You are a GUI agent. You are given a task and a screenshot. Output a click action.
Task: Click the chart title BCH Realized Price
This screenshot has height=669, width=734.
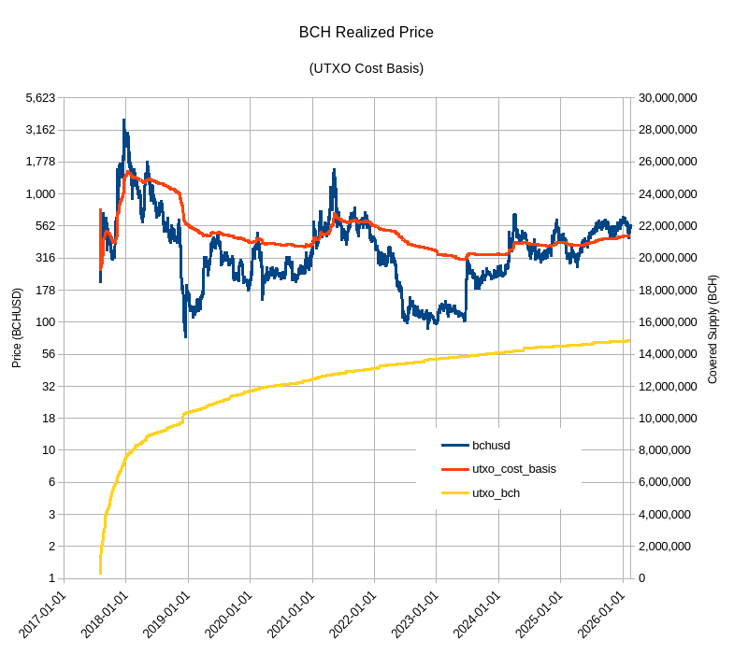point(366,33)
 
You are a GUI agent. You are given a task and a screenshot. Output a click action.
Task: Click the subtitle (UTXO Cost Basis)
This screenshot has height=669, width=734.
point(366,68)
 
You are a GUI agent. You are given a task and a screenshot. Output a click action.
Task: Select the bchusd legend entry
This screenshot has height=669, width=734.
point(491,446)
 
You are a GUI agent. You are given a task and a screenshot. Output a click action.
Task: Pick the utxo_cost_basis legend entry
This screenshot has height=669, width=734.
point(514,469)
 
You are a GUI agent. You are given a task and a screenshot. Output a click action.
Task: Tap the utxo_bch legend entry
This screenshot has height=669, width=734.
point(497,492)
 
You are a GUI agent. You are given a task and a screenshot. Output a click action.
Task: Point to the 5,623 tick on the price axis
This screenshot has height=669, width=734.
point(41,98)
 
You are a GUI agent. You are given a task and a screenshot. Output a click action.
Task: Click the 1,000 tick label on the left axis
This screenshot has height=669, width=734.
point(41,194)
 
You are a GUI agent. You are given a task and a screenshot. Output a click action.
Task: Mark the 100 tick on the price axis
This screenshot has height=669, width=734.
point(46,322)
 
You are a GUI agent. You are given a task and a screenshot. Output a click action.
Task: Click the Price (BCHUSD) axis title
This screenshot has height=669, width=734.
point(17,327)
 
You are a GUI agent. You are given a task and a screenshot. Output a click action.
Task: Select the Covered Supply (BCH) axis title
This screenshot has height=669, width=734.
point(713,329)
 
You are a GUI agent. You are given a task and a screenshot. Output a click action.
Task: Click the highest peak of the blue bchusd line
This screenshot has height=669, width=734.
point(123,120)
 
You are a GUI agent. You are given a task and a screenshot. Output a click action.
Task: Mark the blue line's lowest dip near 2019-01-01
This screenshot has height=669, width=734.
point(185,335)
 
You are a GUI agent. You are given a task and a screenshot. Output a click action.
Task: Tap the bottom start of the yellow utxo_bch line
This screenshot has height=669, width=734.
point(100,573)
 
